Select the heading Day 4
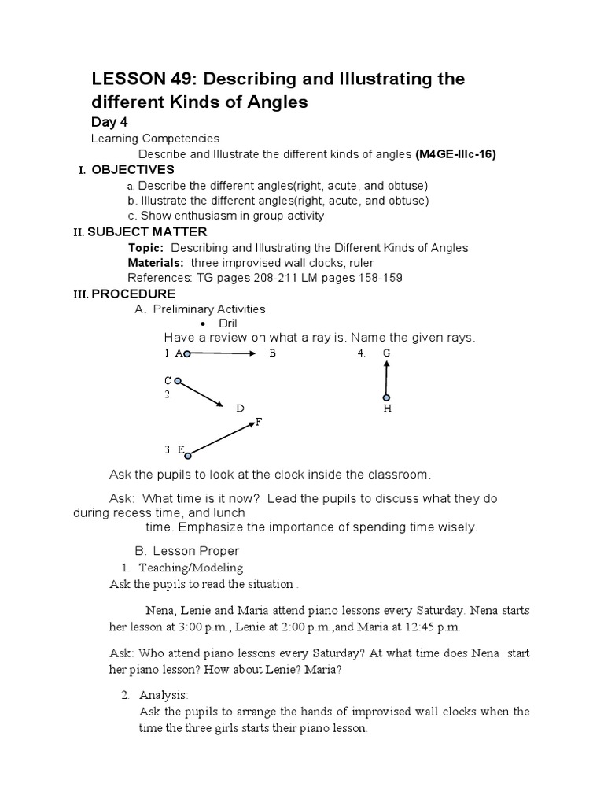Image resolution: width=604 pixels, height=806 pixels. [110, 122]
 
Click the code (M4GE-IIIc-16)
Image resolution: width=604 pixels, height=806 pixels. [455, 154]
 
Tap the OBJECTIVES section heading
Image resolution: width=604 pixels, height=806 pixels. [133, 170]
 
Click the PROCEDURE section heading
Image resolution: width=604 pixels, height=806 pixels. [133, 294]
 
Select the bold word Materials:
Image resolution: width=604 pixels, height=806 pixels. [156, 263]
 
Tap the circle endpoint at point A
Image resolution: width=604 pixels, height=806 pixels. [186, 354]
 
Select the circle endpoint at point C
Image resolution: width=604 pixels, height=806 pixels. [178, 382]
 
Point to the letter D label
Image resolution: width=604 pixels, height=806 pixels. [240, 409]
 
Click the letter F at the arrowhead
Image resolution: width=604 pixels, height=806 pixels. [258, 423]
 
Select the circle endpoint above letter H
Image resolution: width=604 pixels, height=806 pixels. [386, 397]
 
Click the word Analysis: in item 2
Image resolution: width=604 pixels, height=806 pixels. [164, 696]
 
